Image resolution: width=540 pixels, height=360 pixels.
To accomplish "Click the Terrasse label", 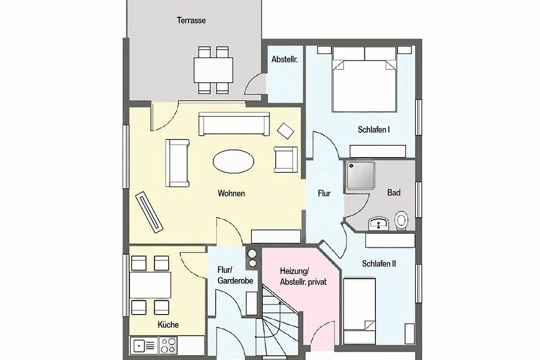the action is click(x=191, y=20).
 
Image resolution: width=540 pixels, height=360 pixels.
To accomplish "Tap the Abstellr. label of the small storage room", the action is click(x=284, y=59).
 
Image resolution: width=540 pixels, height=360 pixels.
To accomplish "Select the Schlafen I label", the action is click(x=373, y=130).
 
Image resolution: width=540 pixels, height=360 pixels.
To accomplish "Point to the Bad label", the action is click(x=394, y=193).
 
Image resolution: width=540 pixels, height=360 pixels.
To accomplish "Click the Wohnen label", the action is click(x=231, y=193).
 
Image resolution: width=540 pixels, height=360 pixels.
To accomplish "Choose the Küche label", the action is click(x=168, y=324).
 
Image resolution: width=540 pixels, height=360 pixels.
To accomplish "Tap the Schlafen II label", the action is click(x=379, y=264).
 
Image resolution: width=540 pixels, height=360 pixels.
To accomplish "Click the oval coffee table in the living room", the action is click(x=234, y=162).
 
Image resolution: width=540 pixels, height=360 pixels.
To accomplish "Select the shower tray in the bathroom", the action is click(x=360, y=175).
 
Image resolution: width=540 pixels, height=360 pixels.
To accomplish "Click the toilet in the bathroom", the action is click(x=401, y=220).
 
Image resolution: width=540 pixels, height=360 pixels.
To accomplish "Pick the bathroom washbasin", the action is click(x=379, y=223).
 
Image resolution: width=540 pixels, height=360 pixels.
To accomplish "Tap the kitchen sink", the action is click(x=144, y=346).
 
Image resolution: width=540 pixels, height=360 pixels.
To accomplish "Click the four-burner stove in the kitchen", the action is click(x=168, y=346).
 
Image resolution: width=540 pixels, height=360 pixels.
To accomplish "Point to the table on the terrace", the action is click(x=213, y=70).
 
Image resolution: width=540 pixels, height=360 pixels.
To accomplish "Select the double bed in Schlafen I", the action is click(x=364, y=80).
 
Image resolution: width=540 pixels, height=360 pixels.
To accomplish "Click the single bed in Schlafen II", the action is click(x=360, y=311).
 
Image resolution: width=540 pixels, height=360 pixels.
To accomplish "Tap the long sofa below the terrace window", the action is click(x=234, y=124).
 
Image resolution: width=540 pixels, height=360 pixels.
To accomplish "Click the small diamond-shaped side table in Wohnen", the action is click(x=285, y=131).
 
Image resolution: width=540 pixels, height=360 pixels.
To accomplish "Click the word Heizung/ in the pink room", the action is click(x=294, y=271).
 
